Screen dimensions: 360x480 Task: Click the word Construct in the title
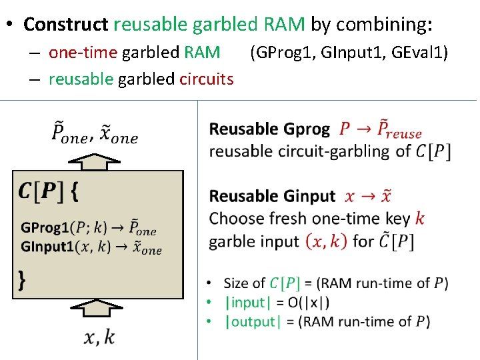click(x=65, y=25)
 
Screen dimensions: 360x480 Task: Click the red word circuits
click(x=207, y=79)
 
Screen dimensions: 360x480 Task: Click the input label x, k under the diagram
click(x=99, y=337)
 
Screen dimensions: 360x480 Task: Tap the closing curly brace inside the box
click(x=23, y=280)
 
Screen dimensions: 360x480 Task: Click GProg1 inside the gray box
click(x=45, y=228)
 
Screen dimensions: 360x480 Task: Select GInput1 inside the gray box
click(x=47, y=247)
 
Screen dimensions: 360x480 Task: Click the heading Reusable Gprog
click(x=269, y=129)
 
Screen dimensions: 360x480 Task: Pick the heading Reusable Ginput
click(x=272, y=196)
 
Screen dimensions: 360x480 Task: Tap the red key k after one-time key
click(x=419, y=218)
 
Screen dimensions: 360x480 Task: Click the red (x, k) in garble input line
click(x=326, y=241)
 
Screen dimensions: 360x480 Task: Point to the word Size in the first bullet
click(x=235, y=283)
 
